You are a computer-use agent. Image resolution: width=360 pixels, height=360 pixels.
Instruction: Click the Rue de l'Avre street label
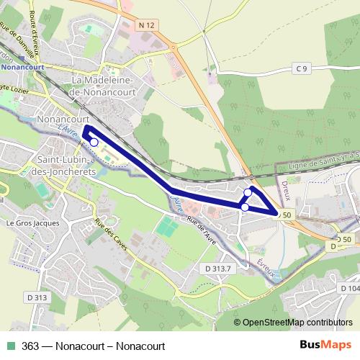[x=204, y=228]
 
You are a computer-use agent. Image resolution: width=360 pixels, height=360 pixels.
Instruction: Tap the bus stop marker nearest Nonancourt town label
[x=94, y=143]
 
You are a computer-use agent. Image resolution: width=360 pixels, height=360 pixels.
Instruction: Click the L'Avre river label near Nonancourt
[x=66, y=130]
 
